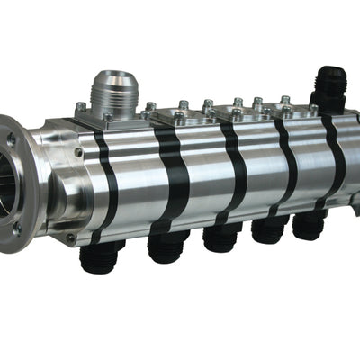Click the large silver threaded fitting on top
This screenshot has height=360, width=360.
[x=114, y=85]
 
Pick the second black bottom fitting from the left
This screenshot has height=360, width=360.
[x=167, y=247]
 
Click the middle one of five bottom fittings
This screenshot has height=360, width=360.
[x=220, y=238]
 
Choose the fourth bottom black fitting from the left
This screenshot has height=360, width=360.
[x=269, y=229]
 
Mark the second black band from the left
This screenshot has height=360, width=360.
[x=170, y=175]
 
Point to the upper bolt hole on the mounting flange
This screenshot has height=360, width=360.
[x=12, y=139]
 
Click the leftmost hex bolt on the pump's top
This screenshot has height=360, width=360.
[x=82, y=107]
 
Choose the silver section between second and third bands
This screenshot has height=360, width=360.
[x=202, y=171]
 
